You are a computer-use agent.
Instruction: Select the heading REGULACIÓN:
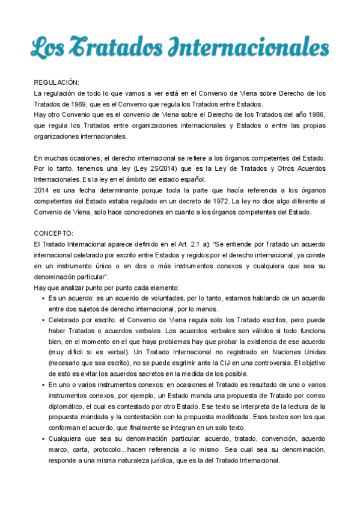coord(56,82)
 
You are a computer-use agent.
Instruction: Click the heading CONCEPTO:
coord(54,233)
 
